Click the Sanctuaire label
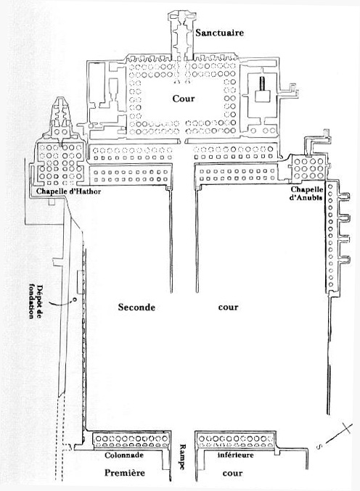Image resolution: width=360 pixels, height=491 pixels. coord(220,33)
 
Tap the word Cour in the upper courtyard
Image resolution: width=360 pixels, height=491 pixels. coord(184,99)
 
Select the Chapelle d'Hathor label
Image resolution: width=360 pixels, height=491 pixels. coord(69,191)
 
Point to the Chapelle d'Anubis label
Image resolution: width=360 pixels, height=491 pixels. coord(307,193)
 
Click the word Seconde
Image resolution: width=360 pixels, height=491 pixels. coord(136,307)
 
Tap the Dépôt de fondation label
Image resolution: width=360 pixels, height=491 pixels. coord(35,301)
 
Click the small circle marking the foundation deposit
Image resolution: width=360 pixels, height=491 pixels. coord(75,300)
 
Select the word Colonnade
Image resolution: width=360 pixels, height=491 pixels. coord(124,455)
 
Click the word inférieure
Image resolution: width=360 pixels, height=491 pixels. coord(236,455)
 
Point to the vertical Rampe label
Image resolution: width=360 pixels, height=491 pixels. coord(183,457)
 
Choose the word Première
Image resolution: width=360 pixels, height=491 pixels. coord(125,473)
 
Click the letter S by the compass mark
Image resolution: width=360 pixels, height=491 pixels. coord(319,447)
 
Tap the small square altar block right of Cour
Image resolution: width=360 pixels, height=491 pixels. coord(262,96)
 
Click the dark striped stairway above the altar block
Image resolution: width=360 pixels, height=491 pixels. coord(262,83)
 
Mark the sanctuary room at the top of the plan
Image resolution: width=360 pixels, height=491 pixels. coord(181,34)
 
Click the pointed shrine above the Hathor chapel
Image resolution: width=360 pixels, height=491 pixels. coord(62,117)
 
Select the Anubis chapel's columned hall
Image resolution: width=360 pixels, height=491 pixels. coord(308,168)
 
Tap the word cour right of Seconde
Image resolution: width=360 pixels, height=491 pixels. coord(228,308)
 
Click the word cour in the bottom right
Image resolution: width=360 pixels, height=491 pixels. coord(232,473)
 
